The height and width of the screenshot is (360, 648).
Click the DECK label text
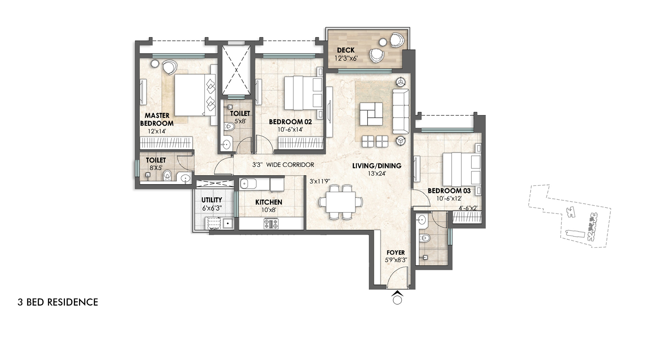tap(346, 50)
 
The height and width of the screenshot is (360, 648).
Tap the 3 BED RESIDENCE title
tap(58, 302)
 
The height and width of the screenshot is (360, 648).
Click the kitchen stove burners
tap(271, 223)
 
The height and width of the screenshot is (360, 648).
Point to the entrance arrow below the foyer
tap(397, 297)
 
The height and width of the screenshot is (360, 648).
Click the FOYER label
tap(396, 252)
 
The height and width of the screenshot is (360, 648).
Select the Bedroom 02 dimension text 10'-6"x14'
tap(290, 130)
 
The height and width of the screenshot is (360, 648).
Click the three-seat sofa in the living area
tap(401, 111)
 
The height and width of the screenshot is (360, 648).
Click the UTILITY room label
tap(212, 200)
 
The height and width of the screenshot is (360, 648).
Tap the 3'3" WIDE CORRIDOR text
tap(283, 165)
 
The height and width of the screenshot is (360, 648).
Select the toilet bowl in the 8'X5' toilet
tap(167, 175)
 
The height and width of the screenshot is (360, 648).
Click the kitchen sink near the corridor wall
tap(248, 184)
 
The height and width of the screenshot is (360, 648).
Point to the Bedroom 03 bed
tap(461, 173)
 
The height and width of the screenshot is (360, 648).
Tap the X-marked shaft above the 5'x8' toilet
tap(236, 70)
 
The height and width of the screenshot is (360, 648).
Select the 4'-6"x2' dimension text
tap(468, 208)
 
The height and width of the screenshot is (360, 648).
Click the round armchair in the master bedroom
tap(168, 67)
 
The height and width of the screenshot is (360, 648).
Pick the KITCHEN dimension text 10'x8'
tap(269, 210)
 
